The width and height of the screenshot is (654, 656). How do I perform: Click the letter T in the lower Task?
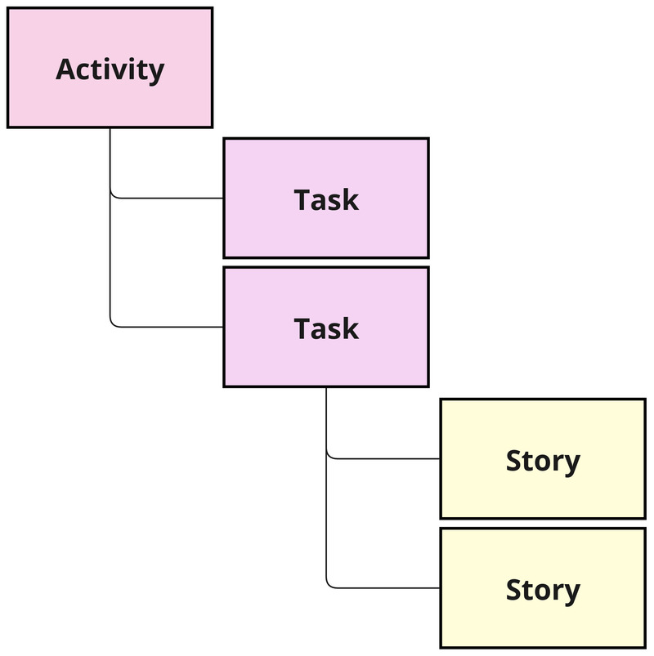pyautogui.click(x=302, y=328)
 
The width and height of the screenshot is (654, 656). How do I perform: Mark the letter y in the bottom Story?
pyautogui.click(x=571, y=593)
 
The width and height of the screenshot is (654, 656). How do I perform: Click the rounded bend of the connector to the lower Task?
pyautogui.click(x=113, y=324)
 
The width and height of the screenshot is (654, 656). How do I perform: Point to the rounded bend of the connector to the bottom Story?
pyautogui.click(x=329, y=584)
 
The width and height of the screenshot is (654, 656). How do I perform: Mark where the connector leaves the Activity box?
pyautogui.click(x=110, y=129)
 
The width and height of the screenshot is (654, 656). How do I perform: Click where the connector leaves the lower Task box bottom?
pyautogui.click(x=326, y=388)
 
